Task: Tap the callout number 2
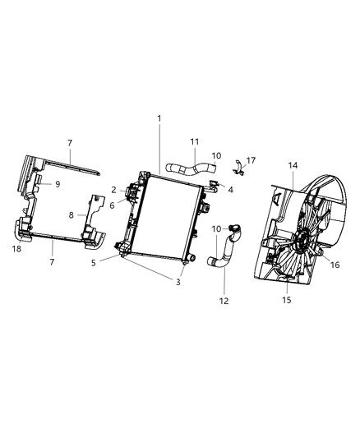tap(113, 191)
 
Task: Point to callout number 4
tap(230, 190)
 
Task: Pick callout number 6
tap(112, 205)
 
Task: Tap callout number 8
tap(72, 214)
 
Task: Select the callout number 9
tap(58, 184)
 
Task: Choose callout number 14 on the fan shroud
tap(293, 165)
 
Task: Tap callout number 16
tap(335, 265)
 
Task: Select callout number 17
tap(251, 160)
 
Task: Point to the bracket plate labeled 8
tap(93, 215)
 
